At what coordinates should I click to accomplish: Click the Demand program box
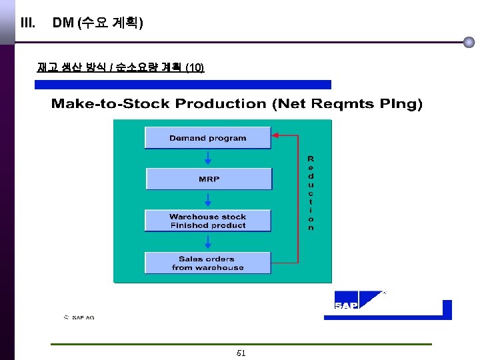tap(208, 138)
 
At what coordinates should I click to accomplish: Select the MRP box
tap(209, 179)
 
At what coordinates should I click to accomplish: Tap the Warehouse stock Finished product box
tap(208, 221)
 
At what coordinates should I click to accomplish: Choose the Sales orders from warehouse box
tap(208, 263)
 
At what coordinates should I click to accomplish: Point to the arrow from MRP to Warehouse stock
tap(208, 200)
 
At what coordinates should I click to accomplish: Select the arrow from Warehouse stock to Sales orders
tap(208, 242)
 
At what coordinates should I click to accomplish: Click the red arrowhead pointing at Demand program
tap(276, 135)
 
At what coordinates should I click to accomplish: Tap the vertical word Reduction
tap(311, 193)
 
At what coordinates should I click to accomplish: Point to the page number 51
tap(241, 353)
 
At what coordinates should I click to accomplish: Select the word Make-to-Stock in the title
tap(111, 104)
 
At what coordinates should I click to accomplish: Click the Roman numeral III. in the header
tap(28, 23)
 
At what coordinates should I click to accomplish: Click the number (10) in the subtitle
tap(195, 67)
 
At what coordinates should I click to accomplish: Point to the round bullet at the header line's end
tap(469, 42)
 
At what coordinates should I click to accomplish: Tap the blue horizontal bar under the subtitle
tap(183, 85)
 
